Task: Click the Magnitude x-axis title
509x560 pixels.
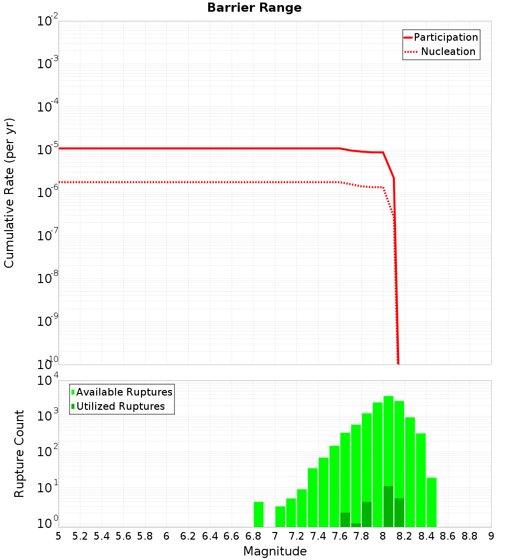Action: (275, 551)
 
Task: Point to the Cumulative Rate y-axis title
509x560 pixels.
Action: (9, 192)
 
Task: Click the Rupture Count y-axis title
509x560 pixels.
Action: (19, 454)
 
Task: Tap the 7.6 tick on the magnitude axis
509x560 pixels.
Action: (340, 536)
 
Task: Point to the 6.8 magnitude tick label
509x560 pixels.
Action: (253, 536)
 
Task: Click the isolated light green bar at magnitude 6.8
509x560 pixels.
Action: (259, 514)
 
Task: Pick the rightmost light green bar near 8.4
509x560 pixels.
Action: (432, 501)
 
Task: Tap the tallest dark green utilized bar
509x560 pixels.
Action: (388, 507)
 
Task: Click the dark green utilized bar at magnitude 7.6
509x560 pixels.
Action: (345, 520)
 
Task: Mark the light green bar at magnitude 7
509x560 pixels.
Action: (280, 516)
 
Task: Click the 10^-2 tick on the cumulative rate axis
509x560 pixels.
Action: (48, 21)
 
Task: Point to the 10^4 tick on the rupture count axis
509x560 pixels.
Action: (48, 381)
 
